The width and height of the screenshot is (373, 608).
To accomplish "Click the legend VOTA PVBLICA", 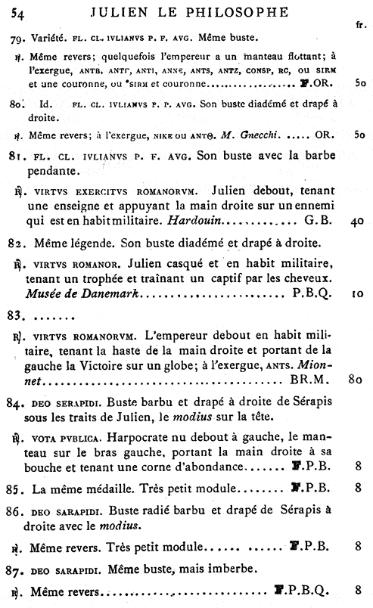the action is [x=67, y=437].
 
